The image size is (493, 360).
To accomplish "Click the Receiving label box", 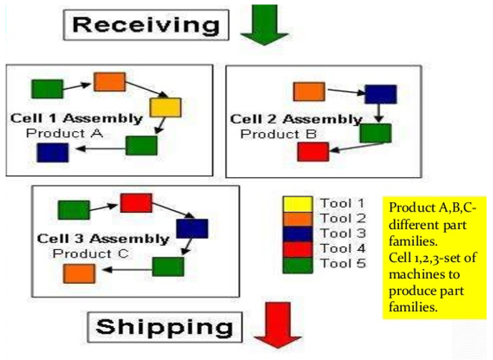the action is pyautogui.click(x=146, y=25).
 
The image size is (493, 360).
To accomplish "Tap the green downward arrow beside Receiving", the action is pyautogui.click(x=264, y=25).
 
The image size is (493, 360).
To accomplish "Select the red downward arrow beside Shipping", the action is pyautogui.click(x=278, y=325).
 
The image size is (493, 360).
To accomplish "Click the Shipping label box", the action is pyautogui.click(x=165, y=327).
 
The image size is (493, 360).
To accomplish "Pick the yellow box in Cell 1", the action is pyautogui.click(x=166, y=108).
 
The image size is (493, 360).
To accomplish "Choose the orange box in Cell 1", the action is pyautogui.click(x=110, y=82).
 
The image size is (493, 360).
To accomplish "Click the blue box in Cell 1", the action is pyautogui.click(x=52, y=153).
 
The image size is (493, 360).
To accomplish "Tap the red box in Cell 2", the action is pyautogui.click(x=313, y=152).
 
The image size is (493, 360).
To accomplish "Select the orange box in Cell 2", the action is pyautogui.click(x=309, y=92).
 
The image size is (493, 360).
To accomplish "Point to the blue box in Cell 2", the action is pyautogui.click(x=380, y=94).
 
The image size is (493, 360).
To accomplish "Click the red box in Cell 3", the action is pyautogui.click(x=136, y=203).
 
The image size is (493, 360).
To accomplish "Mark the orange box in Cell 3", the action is pyautogui.click(x=79, y=273).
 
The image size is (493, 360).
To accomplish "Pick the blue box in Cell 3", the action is pyautogui.click(x=192, y=229).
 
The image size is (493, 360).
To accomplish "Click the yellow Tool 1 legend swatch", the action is pyautogui.click(x=298, y=204).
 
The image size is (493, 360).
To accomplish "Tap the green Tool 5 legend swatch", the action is pyautogui.click(x=298, y=265).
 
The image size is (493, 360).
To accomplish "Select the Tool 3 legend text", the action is pyautogui.click(x=343, y=233).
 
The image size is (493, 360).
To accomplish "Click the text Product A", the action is pyautogui.click(x=64, y=133).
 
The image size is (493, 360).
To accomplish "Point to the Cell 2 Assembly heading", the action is pyautogui.click(x=296, y=119).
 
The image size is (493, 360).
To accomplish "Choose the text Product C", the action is pyautogui.click(x=91, y=254).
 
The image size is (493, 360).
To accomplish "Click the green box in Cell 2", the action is pyautogui.click(x=375, y=133).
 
